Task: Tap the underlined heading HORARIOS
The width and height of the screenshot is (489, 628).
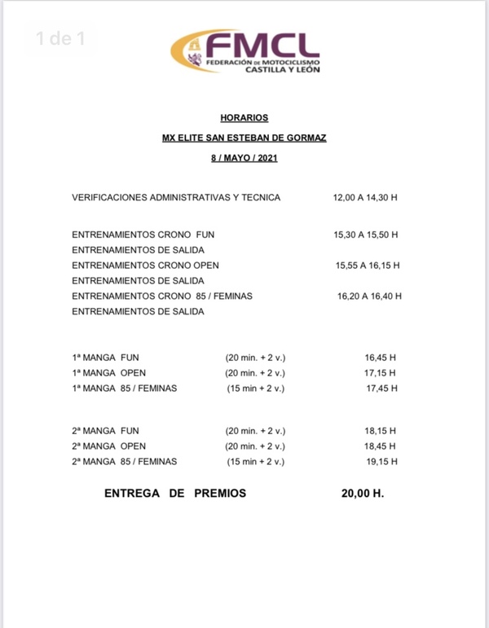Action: [x=244, y=118]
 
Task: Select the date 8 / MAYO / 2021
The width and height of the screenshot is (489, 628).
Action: [x=244, y=158]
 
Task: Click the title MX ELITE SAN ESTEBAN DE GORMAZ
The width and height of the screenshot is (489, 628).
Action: [x=244, y=138]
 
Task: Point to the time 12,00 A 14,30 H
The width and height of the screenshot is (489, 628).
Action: [x=365, y=197]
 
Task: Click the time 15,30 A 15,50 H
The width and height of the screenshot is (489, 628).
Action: [x=365, y=235]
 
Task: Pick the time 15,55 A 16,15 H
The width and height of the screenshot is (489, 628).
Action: [x=368, y=266]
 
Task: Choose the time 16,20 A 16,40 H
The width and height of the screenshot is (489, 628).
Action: [x=368, y=296]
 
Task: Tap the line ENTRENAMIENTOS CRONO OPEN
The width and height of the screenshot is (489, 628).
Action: [x=145, y=266]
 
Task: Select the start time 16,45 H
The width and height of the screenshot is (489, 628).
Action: [x=381, y=358]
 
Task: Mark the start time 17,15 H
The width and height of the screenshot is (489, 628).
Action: [x=381, y=373]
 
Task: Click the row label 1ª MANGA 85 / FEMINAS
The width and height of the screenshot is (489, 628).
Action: [x=124, y=389]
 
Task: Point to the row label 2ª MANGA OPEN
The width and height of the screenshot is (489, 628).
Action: [x=108, y=446]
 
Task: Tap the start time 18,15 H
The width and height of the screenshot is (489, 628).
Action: [x=381, y=431]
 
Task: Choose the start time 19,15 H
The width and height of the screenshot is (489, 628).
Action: [x=381, y=462]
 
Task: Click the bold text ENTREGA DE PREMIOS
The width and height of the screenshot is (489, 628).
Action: [x=174, y=494]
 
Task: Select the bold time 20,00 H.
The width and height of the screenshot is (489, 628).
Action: [x=363, y=494]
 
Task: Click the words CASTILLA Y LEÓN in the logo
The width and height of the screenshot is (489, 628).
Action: [x=283, y=71]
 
